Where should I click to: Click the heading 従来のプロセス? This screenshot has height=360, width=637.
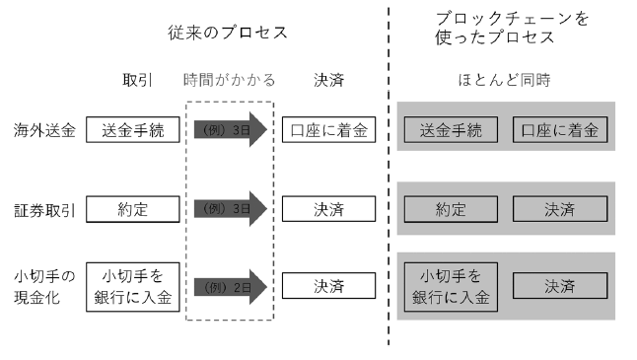(228, 33)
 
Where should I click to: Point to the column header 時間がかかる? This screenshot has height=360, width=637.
(230, 79)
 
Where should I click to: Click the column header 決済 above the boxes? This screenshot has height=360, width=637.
(328, 79)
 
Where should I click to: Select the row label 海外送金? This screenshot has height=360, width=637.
(44, 129)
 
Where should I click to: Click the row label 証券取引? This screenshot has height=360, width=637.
(44, 209)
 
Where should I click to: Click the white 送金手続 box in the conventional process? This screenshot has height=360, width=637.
(132, 129)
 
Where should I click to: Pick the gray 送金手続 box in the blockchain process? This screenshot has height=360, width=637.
(451, 129)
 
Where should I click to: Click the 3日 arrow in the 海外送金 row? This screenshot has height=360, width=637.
(230, 129)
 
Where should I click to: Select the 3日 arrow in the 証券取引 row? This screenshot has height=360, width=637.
(230, 209)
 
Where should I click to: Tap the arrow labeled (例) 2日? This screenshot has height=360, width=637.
(230, 286)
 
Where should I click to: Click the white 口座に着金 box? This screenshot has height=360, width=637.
(328, 129)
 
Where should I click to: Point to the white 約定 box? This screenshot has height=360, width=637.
(132, 209)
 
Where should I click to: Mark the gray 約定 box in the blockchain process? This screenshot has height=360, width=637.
(451, 209)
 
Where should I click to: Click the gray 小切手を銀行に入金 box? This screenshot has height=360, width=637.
(451, 286)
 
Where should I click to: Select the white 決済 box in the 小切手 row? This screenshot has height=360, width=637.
(328, 286)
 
